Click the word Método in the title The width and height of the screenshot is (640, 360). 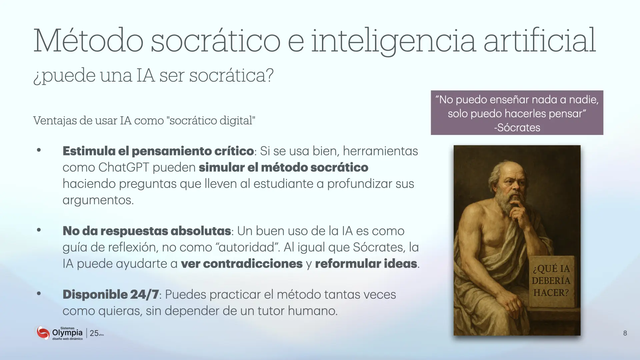(x=88, y=41)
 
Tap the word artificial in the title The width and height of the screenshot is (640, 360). (x=540, y=41)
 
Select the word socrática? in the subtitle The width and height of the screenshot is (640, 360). (x=231, y=75)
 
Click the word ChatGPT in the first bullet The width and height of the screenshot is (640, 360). (x=124, y=167)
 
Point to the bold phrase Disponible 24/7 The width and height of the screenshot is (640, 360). (x=111, y=294)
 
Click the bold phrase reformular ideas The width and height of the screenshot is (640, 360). (x=366, y=264)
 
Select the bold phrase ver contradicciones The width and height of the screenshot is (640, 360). (x=242, y=264)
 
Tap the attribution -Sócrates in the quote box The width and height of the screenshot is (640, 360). (x=517, y=128)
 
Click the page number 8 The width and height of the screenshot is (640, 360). (x=625, y=333)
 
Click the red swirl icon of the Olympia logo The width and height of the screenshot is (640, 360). (x=43, y=333)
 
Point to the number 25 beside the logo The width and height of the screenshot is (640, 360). (x=94, y=333)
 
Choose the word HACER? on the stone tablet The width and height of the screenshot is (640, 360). (x=551, y=293)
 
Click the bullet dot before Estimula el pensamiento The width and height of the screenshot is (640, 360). (x=39, y=150)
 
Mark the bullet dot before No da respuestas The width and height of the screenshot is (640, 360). (x=39, y=230)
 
